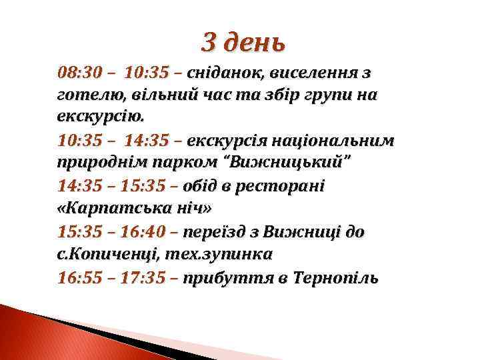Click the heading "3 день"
(x=244, y=42)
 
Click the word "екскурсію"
(x=100, y=117)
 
